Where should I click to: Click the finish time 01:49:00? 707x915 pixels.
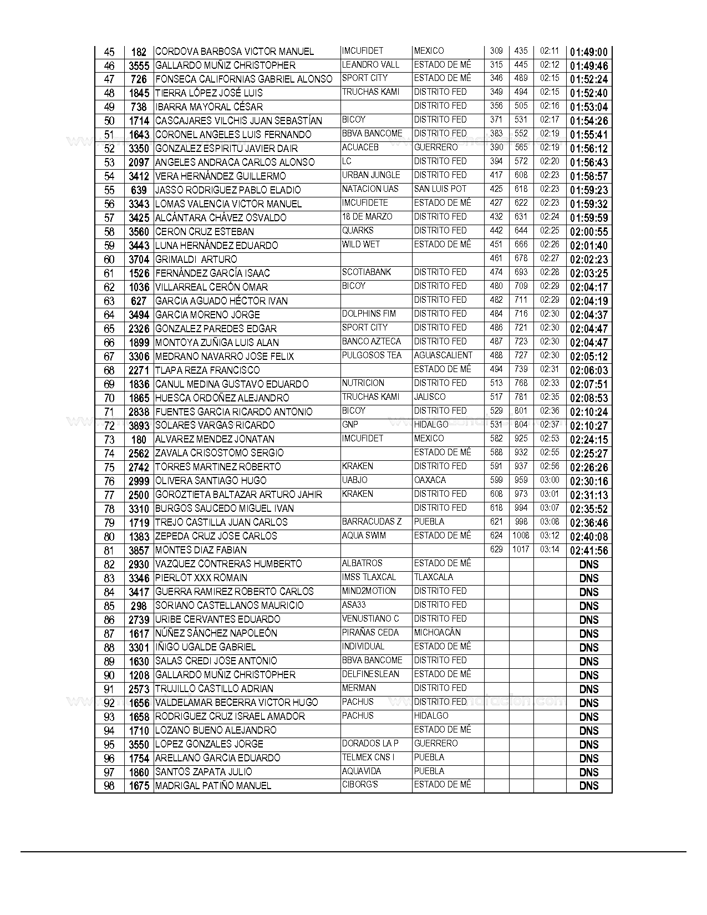[x=588, y=52]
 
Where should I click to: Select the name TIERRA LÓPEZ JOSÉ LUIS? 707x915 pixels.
[x=209, y=93]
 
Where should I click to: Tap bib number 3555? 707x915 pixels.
[x=139, y=66]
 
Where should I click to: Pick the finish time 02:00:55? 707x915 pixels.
[x=588, y=232]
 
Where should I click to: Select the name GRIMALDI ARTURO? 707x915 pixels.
[x=196, y=260]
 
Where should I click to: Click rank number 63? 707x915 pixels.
[x=109, y=301]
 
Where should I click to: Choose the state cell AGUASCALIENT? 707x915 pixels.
[x=443, y=355]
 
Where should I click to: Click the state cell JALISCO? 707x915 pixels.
[x=430, y=397]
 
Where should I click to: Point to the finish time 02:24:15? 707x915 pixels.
[x=588, y=440]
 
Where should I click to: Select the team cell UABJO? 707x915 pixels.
[x=355, y=480]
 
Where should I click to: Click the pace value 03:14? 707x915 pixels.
[x=550, y=550]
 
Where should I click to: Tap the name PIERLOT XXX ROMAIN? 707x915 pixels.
[x=201, y=578]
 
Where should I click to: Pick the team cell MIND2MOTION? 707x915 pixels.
[x=369, y=591]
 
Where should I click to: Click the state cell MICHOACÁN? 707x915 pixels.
[x=438, y=633]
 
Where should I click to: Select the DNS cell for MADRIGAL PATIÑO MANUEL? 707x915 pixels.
[x=588, y=786]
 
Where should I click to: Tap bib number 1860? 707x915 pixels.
[x=139, y=772]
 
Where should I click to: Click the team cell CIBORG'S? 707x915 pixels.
[x=360, y=785]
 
